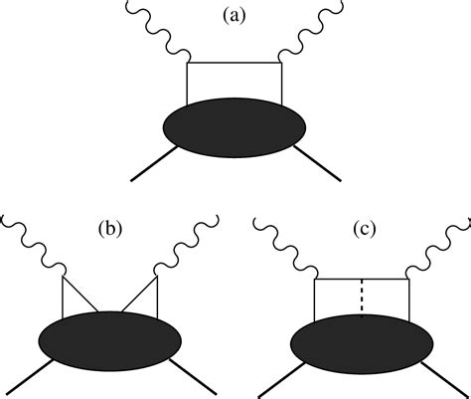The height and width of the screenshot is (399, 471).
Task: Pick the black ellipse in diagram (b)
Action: pos(109,341)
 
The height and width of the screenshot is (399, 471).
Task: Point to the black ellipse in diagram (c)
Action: pos(362,341)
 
